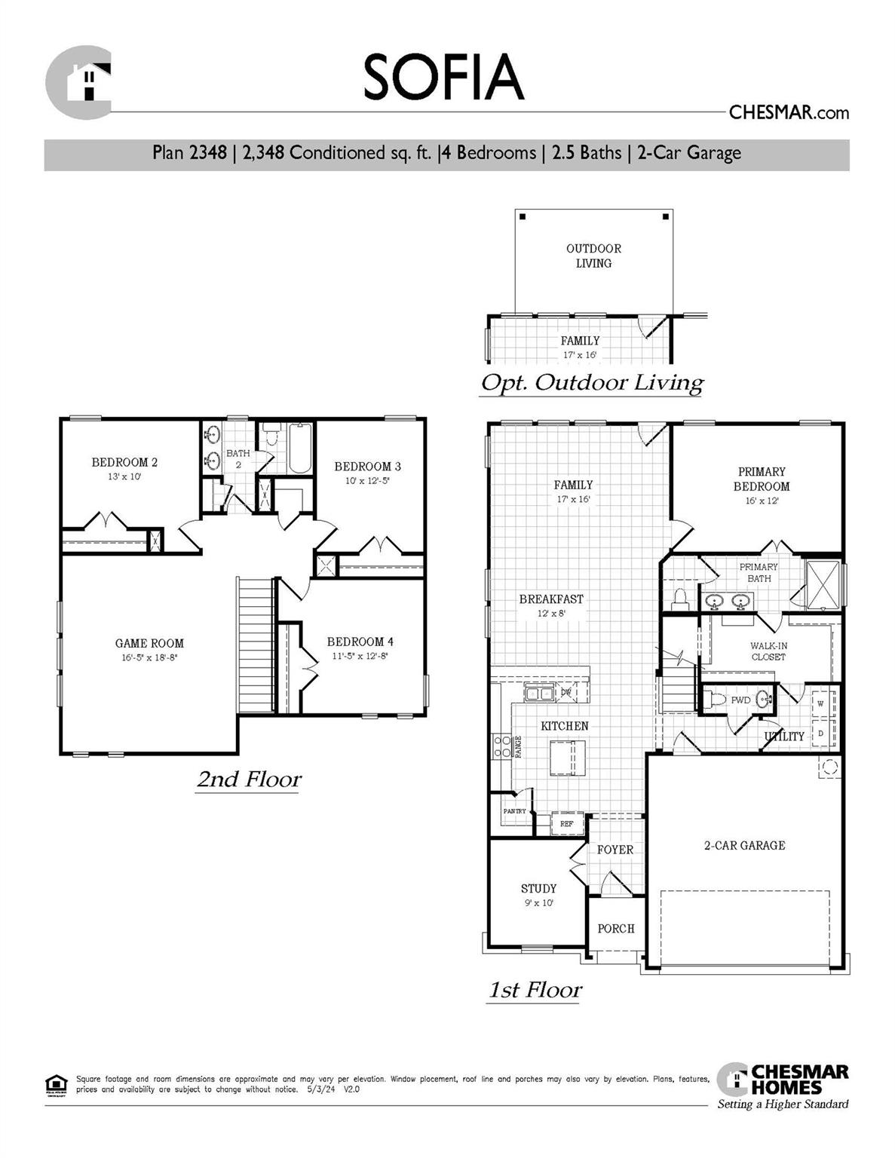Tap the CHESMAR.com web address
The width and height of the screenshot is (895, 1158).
(789, 113)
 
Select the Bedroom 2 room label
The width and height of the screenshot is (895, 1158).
(124, 462)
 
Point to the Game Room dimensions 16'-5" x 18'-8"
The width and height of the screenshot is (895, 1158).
(149, 657)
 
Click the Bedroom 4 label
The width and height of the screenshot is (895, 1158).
(360, 642)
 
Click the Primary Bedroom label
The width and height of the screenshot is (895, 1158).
(762, 479)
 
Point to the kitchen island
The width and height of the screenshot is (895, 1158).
(567, 757)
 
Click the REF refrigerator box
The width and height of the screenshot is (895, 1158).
(566, 824)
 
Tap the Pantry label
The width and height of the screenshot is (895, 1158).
(515, 811)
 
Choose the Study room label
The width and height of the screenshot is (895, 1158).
(538, 889)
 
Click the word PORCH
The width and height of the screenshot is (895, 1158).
(616, 929)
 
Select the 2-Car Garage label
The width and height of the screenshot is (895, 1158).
(744, 846)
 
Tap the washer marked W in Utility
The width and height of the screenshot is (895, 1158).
(821, 704)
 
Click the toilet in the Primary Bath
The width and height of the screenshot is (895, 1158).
(680, 599)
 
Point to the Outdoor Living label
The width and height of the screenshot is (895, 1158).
(593, 256)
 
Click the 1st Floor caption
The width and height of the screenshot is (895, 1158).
(535, 990)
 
